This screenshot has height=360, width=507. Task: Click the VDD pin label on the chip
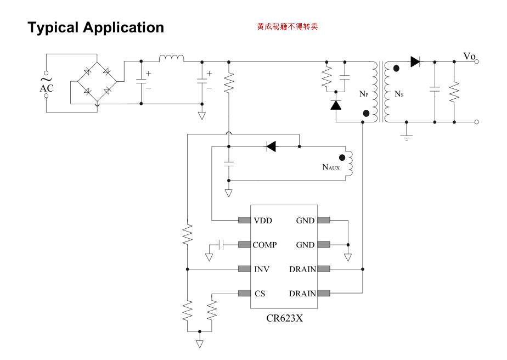click(x=263, y=221)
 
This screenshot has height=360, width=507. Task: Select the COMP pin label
click(x=264, y=245)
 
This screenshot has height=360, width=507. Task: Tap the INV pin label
click(x=261, y=269)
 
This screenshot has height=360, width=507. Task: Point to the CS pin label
click(x=260, y=294)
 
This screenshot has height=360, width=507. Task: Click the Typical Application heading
click(x=95, y=27)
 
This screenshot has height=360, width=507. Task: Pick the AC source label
click(x=47, y=88)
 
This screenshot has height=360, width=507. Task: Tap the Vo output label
click(x=469, y=56)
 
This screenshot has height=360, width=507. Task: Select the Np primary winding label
click(x=364, y=94)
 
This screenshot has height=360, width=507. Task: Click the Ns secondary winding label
click(x=399, y=94)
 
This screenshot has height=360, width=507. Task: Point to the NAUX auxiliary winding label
click(x=331, y=167)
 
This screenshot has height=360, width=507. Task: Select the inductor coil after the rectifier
click(x=172, y=58)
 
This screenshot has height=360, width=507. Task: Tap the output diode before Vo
click(x=415, y=61)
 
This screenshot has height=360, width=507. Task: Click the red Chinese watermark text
click(x=287, y=26)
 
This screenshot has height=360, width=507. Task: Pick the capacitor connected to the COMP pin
click(x=221, y=245)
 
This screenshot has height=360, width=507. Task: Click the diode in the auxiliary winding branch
click(x=271, y=147)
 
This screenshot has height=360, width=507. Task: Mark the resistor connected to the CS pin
click(x=212, y=310)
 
